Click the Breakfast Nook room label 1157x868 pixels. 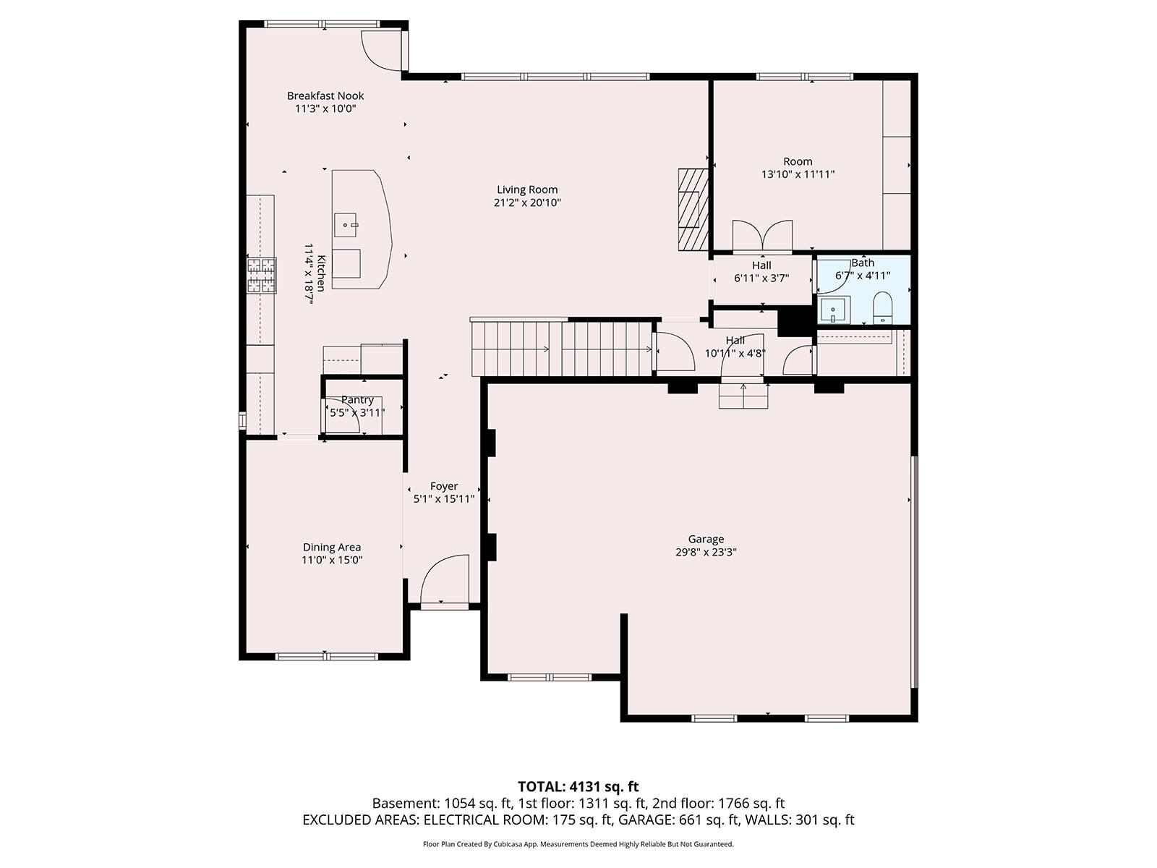(325, 96)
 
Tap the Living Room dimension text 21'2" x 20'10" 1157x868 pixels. (527, 203)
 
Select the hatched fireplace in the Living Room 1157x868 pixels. (693, 209)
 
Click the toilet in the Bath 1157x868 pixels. (881, 308)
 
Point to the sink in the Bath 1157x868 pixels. (833, 310)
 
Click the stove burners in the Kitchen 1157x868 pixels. (262, 275)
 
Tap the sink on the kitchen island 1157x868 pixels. (346, 225)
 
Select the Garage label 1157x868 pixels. (706, 539)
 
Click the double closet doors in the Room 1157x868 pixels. (762, 237)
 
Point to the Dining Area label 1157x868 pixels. (331, 548)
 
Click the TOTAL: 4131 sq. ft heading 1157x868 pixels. (578, 787)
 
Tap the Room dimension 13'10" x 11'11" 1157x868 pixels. (798, 174)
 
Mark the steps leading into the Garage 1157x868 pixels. (744, 395)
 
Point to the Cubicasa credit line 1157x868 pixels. (578, 844)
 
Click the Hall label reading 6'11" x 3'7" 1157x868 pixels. (761, 278)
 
